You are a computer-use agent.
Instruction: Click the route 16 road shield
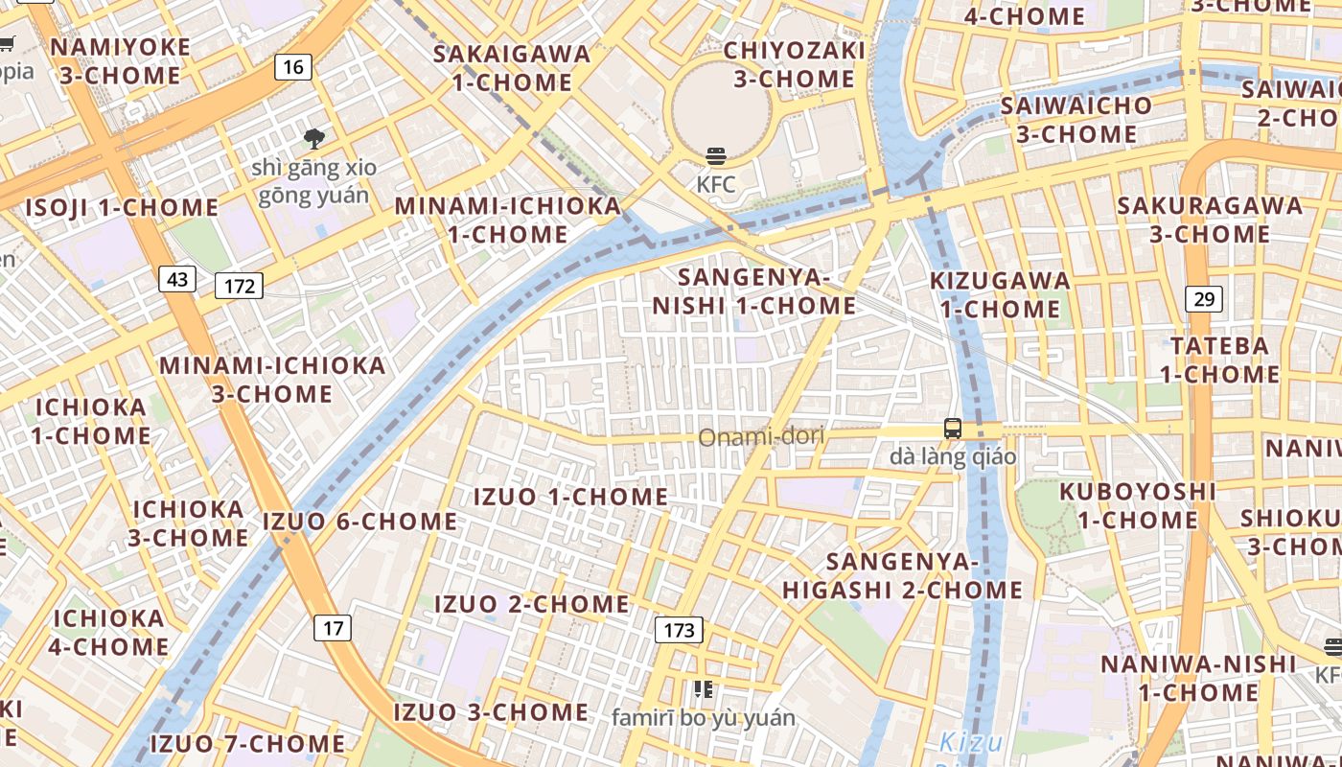293,66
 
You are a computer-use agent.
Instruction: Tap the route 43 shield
177,279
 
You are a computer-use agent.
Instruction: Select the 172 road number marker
239,285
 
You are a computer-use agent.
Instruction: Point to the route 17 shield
333,628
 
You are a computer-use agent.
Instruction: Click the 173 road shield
679,630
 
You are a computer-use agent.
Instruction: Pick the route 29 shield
1204,299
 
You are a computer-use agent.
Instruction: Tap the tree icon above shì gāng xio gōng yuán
313,139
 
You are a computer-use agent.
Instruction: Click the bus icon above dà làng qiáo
952,429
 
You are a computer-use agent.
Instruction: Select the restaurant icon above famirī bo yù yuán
704,689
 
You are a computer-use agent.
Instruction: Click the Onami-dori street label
761,438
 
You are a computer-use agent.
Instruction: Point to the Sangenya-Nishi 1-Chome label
753,291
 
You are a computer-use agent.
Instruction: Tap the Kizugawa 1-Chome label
1000,294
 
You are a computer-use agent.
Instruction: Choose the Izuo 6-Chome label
360,522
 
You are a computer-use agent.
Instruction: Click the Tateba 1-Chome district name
1219,360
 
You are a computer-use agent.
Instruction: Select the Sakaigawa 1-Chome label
512,67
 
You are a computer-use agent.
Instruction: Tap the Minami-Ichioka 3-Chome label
272,379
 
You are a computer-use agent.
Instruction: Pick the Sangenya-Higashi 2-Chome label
902,575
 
